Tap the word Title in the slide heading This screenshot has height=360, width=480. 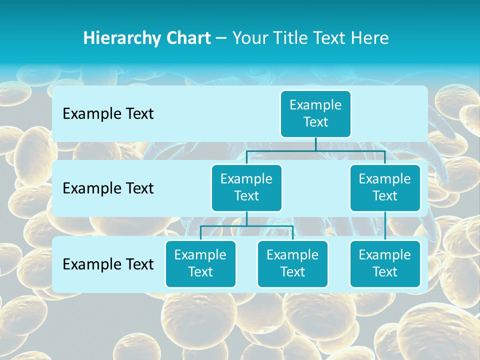coord(290,38)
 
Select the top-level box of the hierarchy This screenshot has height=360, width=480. coord(315,113)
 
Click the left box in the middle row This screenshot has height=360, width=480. coord(246,187)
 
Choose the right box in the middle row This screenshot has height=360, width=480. coord(385,187)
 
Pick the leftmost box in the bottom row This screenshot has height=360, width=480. coord(200,263)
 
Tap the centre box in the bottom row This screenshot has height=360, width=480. coord(292,263)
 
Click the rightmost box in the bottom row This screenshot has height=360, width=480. coord(385,263)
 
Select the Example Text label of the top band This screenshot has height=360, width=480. coord(108,114)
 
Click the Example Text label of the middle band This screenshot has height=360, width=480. coord(108,188)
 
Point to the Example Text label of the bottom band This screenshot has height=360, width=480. coord(108,264)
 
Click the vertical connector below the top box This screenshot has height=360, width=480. coord(315,144)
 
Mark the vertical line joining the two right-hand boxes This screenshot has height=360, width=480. coord(385,226)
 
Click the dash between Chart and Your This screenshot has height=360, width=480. coord(221,38)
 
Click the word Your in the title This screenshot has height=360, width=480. coord(250,38)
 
